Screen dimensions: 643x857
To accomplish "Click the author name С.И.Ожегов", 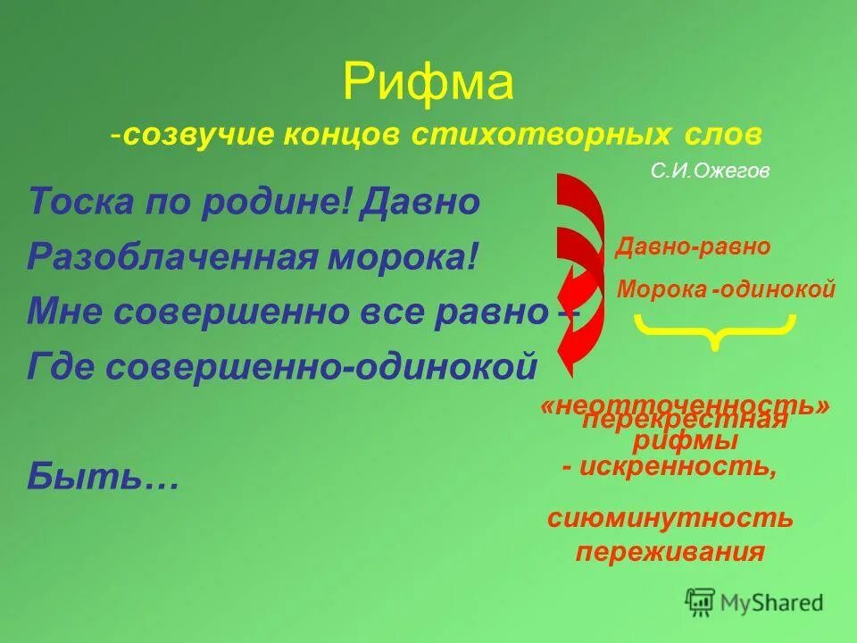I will (x=710, y=171).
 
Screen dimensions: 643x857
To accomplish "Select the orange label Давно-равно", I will (x=693, y=247).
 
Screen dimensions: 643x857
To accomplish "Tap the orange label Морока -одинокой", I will (x=727, y=289).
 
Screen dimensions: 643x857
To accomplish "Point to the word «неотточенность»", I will (x=686, y=406).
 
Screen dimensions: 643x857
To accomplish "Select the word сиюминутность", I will (x=670, y=517).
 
